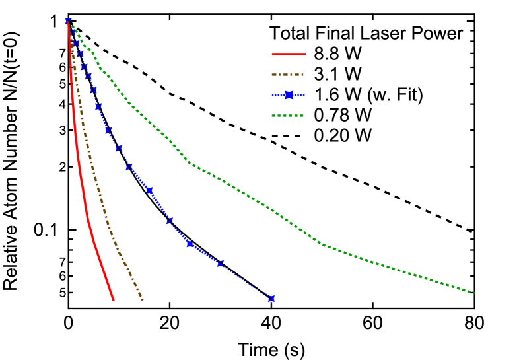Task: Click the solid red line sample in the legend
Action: [x=289, y=54]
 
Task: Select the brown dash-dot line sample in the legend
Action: [x=289, y=75]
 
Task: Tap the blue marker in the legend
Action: [x=289, y=95]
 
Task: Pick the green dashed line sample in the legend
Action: [x=289, y=116]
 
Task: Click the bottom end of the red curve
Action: [x=114, y=300]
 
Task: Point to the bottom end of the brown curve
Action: [x=142, y=300]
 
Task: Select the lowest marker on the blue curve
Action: [x=271, y=299]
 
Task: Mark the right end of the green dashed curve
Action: [x=474, y=293]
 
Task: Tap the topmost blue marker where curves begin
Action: [x=68, y=21]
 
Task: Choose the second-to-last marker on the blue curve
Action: [x=221, y=263]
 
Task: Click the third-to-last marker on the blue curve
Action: [x=190, y=244]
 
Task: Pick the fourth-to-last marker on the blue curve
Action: [x=169, y=220]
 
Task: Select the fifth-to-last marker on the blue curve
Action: [x=149, y=190]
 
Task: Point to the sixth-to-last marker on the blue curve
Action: [x=129, y=166]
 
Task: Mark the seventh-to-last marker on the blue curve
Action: [x=119, y=148]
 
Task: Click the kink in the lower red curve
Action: [x=87, y=220]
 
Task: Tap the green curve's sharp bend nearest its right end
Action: [x=322, y=244]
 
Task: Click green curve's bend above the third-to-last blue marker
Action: [x=190, y=163]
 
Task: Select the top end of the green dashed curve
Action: [x=70, y=24]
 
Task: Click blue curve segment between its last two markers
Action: [x=246, y=281]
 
